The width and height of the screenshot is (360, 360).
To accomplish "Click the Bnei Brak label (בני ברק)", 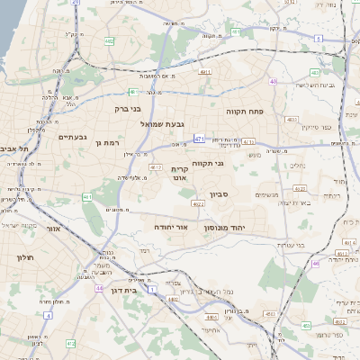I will click(128, 109).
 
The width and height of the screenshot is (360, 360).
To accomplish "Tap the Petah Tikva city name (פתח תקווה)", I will click(244, 112).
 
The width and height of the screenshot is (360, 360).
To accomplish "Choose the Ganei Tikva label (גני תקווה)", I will click(207, 163).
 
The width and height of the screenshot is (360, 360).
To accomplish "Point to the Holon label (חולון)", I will click(24, 257).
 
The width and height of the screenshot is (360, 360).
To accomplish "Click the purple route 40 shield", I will click(273, 82).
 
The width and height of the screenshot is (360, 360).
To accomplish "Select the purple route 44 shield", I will click(98, 289).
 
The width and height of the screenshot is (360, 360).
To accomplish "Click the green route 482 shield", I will click(109, 40).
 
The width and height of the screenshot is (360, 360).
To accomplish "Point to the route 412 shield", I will click(71, 344).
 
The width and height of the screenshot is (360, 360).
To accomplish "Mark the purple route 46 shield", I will click(316, 264).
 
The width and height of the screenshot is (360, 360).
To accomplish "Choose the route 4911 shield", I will click(205, 71).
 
